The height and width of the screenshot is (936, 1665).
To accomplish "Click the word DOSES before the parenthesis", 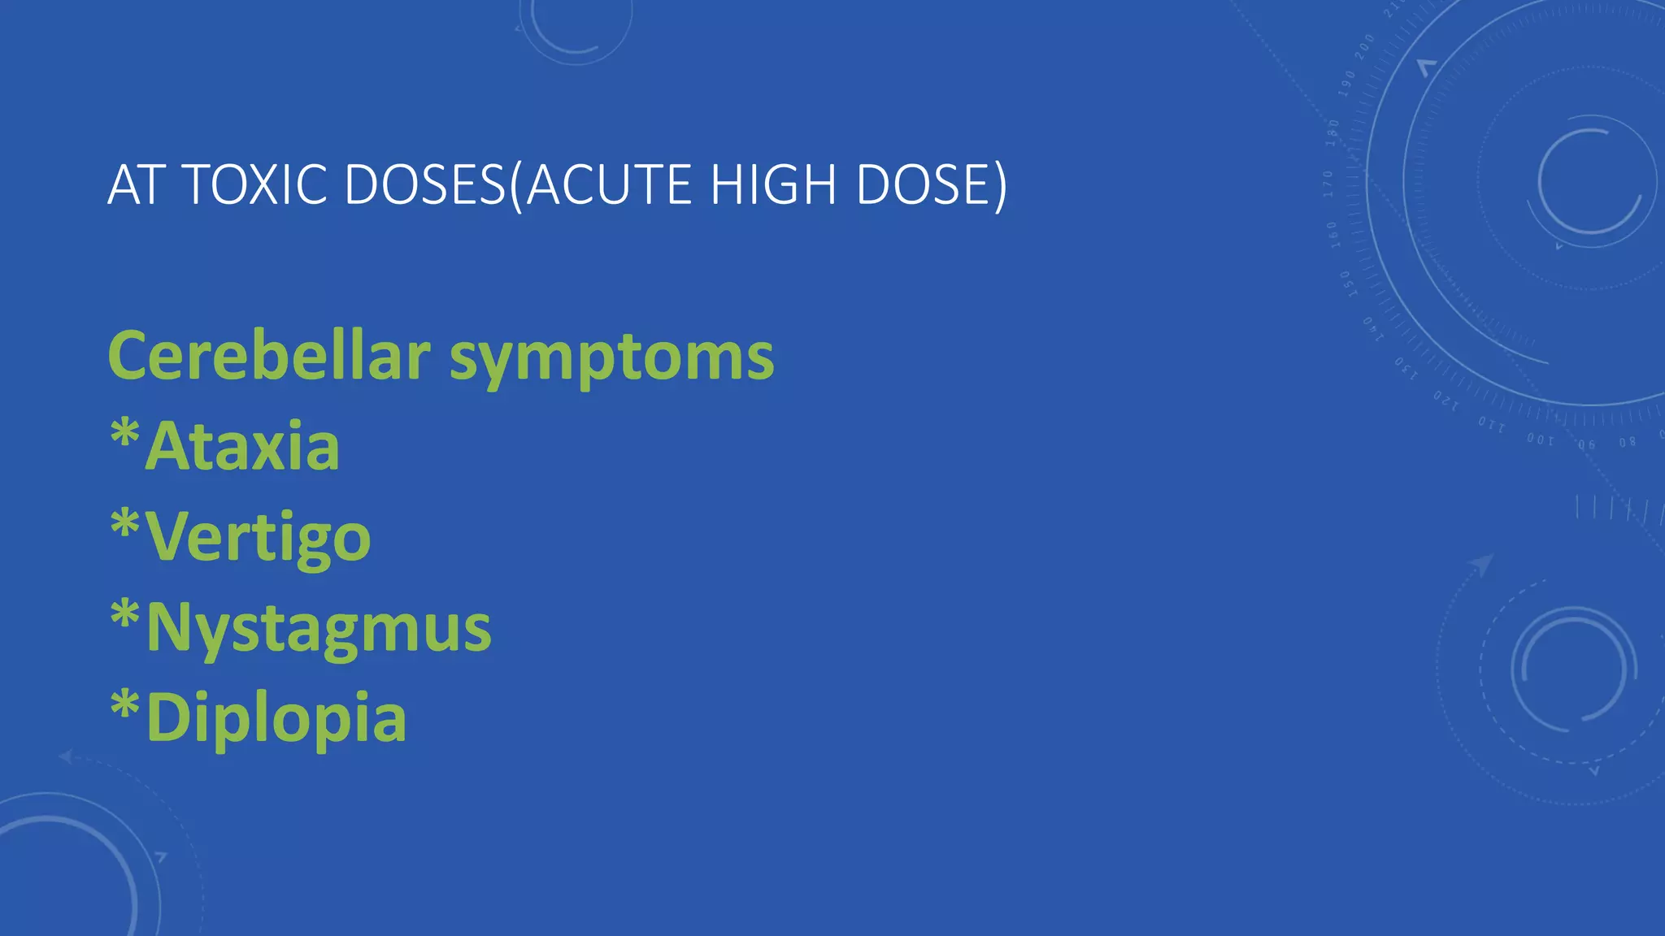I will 424,184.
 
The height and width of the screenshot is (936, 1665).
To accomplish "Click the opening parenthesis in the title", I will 516,186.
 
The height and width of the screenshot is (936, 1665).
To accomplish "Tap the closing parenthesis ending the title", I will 1000,186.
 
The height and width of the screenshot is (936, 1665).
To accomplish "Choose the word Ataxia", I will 242,446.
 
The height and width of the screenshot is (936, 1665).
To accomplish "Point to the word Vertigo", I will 259,538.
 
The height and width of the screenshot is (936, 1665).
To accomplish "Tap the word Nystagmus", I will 319,629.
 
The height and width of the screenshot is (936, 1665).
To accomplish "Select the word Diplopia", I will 276,719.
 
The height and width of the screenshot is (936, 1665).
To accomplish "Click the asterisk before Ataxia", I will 125,433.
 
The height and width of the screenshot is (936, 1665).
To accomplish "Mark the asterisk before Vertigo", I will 125,524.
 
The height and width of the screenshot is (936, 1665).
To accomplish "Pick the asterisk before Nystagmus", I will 125,615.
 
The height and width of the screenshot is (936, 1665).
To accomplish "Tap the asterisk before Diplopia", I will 125,705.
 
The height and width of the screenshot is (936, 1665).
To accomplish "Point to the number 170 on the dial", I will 1329,184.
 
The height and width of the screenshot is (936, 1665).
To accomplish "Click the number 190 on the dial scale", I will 1347,83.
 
